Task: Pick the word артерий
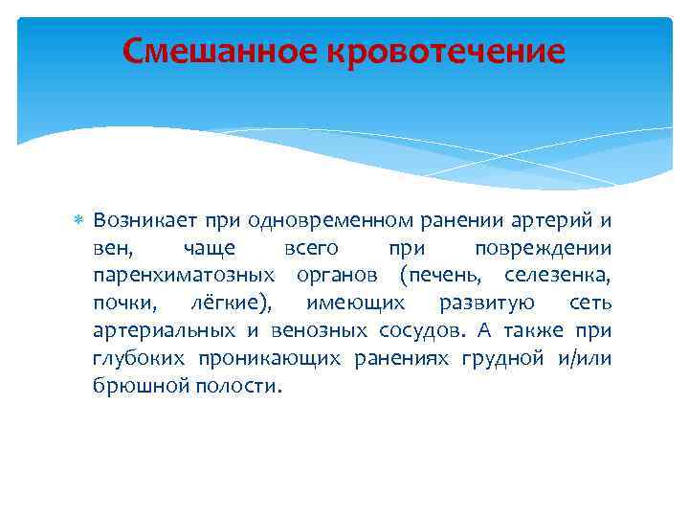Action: coord(560,221)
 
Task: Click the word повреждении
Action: coord(544,249)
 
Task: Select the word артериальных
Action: coord(165,331)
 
